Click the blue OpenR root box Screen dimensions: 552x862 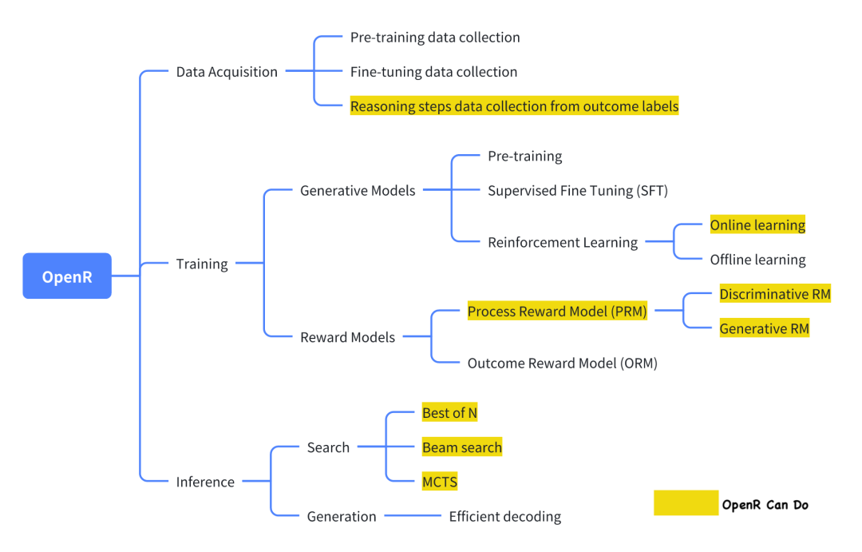pyautogui.click(x=67, y=276)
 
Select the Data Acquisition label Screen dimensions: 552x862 pyautogui.click(x=227, y=72)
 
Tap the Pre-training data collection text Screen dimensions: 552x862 pyautogui.click(x=435, y=38)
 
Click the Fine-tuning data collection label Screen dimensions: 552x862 pyautogui.click(x=433, y=72)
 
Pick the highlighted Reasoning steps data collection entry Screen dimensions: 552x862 pyautogui.click(x=514, y=106)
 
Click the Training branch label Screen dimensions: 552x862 pyautogui.click(x=202, y=264)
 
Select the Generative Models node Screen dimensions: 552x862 pyautogui.click(x=358, y=191)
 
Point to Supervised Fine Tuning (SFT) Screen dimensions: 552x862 pyautogui.click(x=577, y=191)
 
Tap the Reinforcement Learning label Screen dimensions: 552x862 pyautogui.click(x=563, y=243)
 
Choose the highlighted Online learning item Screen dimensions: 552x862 pyautogui.click(x=757, y=225)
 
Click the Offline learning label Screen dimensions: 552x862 pyautogui.click(x=757, y=260)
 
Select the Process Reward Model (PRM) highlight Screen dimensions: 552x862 pyautogui.click(x=557, y=312)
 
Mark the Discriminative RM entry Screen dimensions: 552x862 pyautogui.click(x=774, y=294)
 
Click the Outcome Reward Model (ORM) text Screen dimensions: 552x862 pyautogui.click(x=562, y=363)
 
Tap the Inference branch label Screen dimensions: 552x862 pyautogui.click(x=205, y=482)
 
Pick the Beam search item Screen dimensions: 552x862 pyautogui.click(x=461, y=447)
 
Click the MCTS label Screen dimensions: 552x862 pyautogui.click(x=440, y=482)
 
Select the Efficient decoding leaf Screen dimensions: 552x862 pyautogui.click(x=504, y=517)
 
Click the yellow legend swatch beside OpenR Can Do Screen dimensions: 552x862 pyautogui.click(x=686, y=503)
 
